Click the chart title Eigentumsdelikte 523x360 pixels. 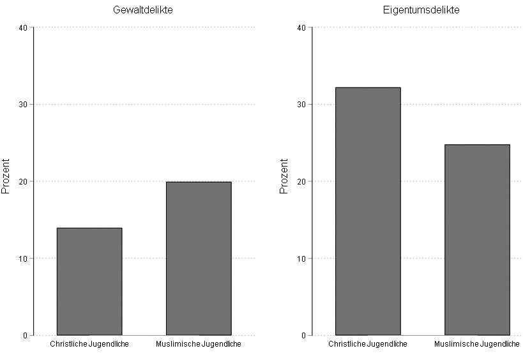(x=421, y=10)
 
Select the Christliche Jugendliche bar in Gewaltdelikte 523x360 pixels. (x=89, y=281)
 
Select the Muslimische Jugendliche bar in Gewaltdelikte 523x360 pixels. (x=199, y=259)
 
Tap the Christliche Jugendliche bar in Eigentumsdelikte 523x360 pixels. (x=368, y=211)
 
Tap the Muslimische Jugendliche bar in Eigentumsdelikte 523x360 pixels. (x=477, y=240)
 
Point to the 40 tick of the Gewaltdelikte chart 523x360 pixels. (x=23, y=27)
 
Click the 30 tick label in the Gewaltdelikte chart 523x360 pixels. (x=23, y=105)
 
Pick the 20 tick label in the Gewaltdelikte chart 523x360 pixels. (x=23, y=181)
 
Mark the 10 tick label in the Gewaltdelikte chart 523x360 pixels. (x=23, y=259)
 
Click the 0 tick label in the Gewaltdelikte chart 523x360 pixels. (x=26, y=335)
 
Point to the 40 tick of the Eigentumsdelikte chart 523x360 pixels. (x=301, y=27)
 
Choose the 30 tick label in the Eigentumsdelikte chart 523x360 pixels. (x=301, y=105)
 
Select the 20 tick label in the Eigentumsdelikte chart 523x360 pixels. (x=301, y=181)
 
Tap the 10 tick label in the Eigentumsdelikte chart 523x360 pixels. (x=301, y=259)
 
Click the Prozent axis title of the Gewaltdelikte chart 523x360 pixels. (x=6, y=176)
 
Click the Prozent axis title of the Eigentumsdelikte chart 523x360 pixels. (x=285, y=176)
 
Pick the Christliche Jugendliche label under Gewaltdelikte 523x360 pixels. (x=89, y=345)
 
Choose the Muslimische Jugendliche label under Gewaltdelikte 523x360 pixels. (x=199, y=345)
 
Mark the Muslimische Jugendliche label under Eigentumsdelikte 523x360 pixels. (x=477, y=345)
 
